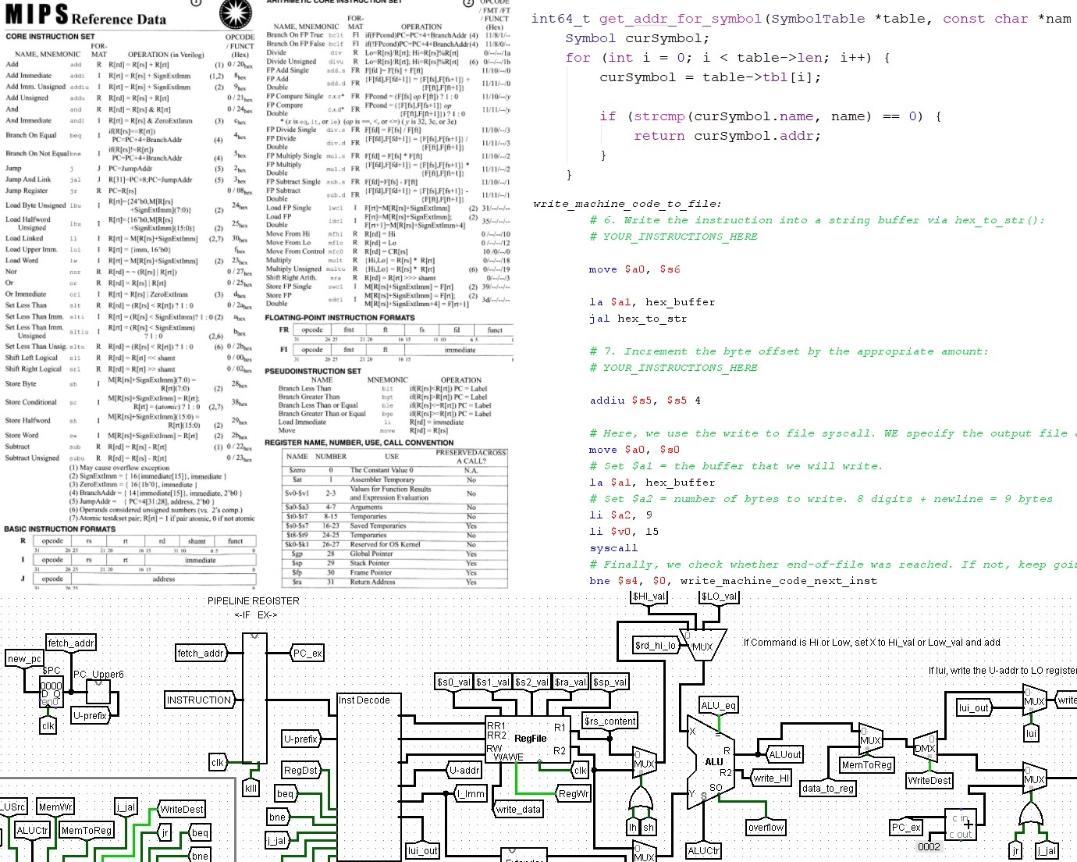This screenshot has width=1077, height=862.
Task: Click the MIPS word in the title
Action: click(37, 15)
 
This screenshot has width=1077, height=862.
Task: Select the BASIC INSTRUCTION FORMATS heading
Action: click(59, 529)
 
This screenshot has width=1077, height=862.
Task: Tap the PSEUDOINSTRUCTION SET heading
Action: click(312, 371)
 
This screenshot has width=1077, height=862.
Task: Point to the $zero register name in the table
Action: click(297, 470)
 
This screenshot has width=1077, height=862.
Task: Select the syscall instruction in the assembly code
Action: click(613, 548)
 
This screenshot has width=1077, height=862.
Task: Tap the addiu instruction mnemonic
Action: click(606, 401)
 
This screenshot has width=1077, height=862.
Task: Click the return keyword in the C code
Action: click(659, 136)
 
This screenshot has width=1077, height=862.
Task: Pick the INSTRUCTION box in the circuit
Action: click(199, 700)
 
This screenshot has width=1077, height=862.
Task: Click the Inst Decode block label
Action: click(364, 700)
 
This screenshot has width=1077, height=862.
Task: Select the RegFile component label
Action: click(530, 739)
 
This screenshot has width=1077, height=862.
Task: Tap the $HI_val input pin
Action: click(649, 597)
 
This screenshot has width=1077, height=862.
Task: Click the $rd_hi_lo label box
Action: click(655, 645)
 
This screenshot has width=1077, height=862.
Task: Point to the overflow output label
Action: click(766, 828)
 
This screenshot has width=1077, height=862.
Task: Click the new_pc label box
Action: click(24, 659)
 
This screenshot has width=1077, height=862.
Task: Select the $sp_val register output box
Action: click(610, 682)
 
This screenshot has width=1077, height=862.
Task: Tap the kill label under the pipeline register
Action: click(251, 789)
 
